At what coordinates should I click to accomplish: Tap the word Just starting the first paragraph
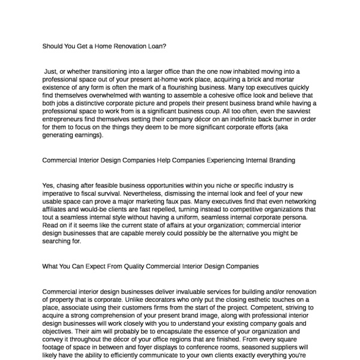(50, 71)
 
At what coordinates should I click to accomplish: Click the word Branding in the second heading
(278, 160)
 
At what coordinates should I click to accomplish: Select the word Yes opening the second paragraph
(49, 185)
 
